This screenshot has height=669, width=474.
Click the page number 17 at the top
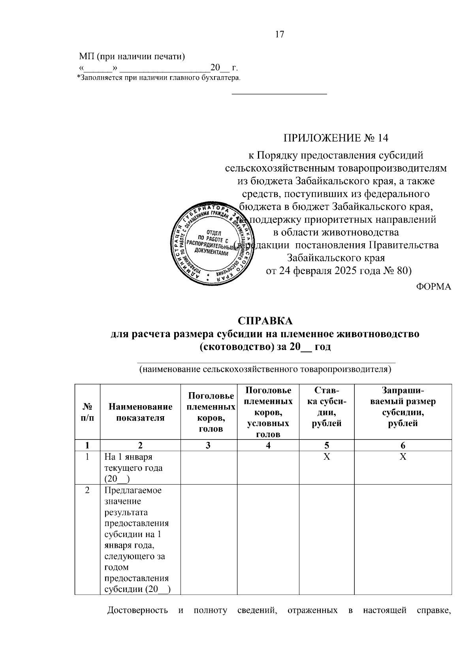click(x=279, y=34)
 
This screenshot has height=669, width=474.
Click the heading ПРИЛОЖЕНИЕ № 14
click(x=335, y=138)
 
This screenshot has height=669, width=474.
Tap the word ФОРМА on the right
click(x=433, y=287)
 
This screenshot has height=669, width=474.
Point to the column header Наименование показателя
click(x=140, y=412)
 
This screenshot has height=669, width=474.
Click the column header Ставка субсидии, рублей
click(x=327, y=407)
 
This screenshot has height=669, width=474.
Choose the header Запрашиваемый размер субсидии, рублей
click(x=403, y=407)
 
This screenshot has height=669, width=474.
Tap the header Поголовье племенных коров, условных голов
click(x=268, y=412)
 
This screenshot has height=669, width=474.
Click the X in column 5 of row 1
click(x=327, y=457)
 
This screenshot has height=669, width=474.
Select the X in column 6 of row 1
click(x=403, y=457)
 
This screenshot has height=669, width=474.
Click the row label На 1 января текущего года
click(x=134, y=468)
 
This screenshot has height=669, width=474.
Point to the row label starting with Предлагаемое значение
click(x=136, y=539)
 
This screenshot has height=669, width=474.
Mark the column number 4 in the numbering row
click(x=268, y=445)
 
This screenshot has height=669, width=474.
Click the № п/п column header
click(x=87, y=412)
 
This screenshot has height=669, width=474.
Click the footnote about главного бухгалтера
click(x=158, y=78)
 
